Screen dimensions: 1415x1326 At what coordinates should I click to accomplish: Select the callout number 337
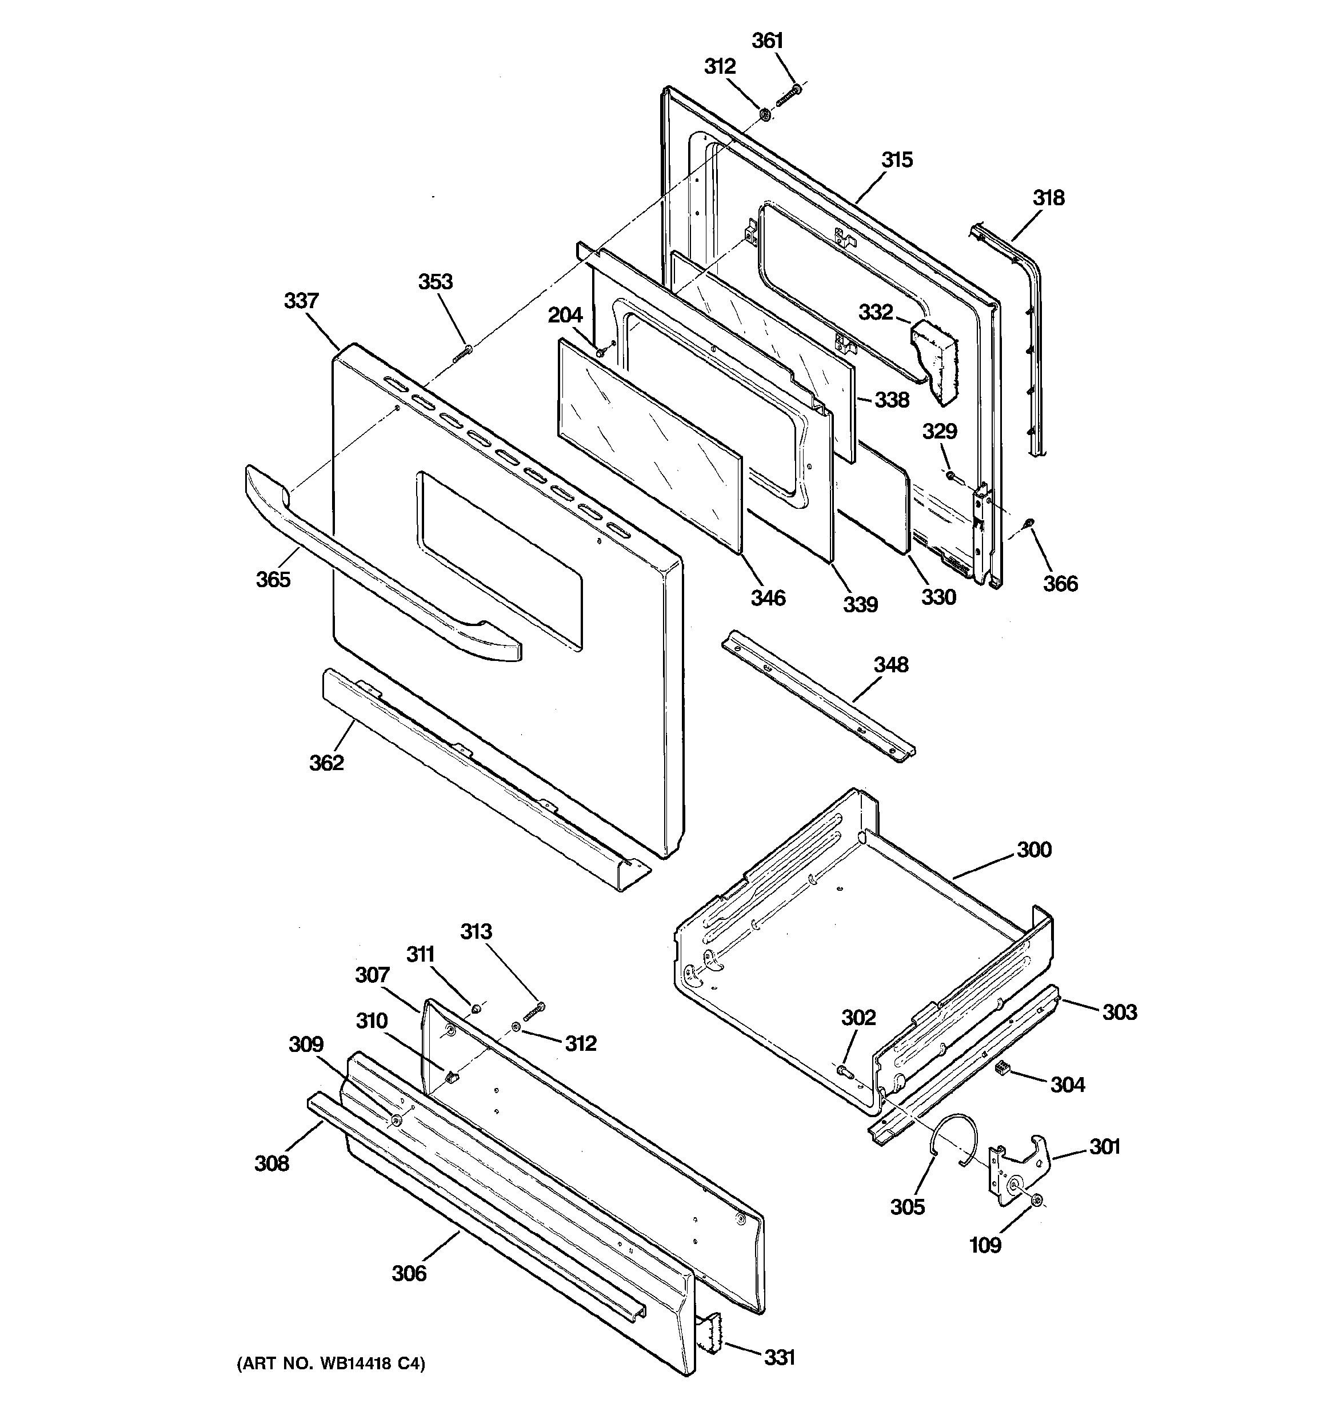pos(301,301)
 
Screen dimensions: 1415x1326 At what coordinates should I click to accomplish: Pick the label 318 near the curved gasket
pos(1048,198)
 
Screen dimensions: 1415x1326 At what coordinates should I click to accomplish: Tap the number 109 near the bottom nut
pos(985,1245)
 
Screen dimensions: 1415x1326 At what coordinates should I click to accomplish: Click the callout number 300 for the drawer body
pos(1033,850)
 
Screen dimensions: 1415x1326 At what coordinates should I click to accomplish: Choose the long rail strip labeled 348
pos(818,697)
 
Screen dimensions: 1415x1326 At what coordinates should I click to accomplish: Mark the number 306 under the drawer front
pos(409,1273)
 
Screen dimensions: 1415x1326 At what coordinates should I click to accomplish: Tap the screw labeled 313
pos(534,1010)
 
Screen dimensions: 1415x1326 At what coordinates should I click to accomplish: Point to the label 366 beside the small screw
pos(1060,583)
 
